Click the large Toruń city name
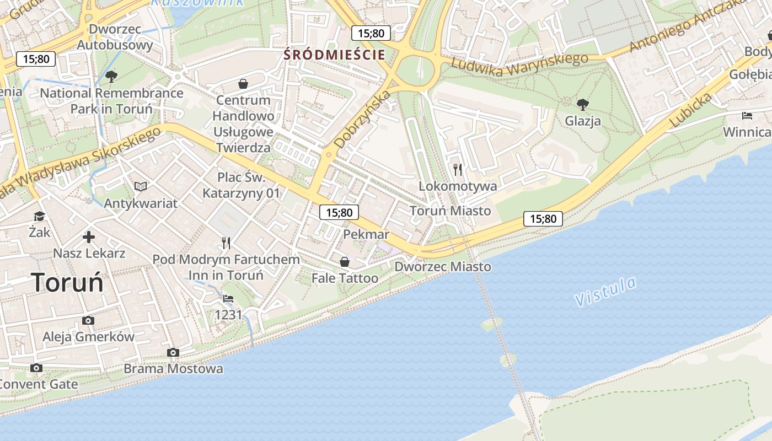click(67, 282)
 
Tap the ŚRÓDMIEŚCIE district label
click(334, 55)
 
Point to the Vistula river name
click(605, 292)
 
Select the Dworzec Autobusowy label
click(115, 37)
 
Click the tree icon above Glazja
click(582, 104)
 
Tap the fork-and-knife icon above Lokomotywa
click(458, 169)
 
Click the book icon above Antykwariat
click(141, 187)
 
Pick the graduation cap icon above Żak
click(39, 216)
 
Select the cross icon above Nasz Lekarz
click(89, 237)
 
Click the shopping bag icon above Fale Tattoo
click(345, 261)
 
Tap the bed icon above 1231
click(228, 299)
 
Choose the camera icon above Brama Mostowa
click(173, 352)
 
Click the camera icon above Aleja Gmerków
click(88, 320)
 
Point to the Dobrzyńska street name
click(362, 119)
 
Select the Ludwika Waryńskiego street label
click(519, 63)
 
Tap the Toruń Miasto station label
click(450, 211)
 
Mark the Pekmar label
click(366, 234)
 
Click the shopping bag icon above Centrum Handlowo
click(243, 84)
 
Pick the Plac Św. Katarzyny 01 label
click(242, 185)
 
